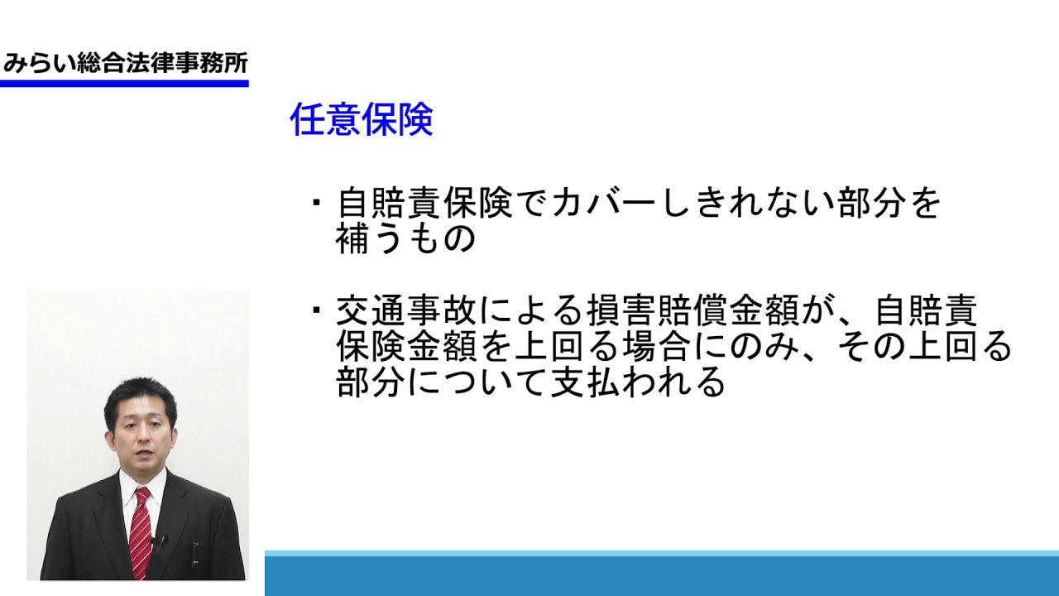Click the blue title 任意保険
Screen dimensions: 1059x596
click(362, 119)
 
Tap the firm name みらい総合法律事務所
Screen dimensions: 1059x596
click(126, 63)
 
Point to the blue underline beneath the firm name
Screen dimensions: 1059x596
click(124, 84)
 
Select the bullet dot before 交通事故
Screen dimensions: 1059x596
click(316, 310)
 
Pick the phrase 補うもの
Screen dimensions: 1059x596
click(405, 238)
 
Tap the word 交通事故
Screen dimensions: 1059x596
click(405, 310)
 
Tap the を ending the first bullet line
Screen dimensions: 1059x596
click(924, 204)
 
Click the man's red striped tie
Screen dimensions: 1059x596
click(141, 533)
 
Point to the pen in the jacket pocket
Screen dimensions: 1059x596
click(195, 555)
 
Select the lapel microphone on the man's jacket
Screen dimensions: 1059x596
click(159, 542)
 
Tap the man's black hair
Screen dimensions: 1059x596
click(141, 397)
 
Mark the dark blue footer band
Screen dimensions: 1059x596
click(662, 576)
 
